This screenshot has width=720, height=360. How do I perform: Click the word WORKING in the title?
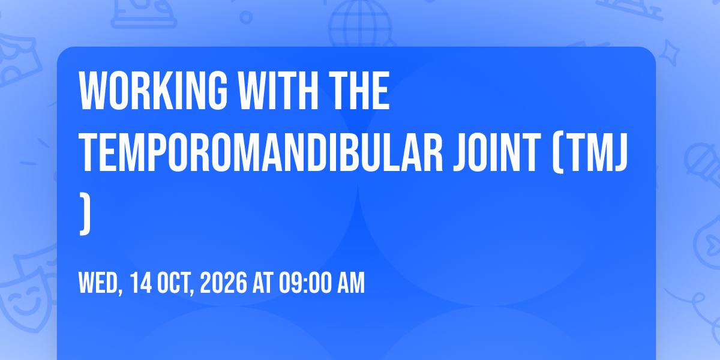(x=153, y=91)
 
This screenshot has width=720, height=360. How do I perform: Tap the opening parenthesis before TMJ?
(x=559, y=152)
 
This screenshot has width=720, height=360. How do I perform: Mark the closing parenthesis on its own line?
(x=85, y=214)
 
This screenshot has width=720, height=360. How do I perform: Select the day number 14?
(x=141, y=283)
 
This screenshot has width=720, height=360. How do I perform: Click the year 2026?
(x=224, y=283)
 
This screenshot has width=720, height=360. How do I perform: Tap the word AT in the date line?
(x=263, y=283)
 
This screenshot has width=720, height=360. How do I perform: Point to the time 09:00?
(x=305, y=283)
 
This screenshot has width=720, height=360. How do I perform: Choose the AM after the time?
(x=351, y=283)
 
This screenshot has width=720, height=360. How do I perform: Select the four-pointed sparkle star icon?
(x=670, y=52)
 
